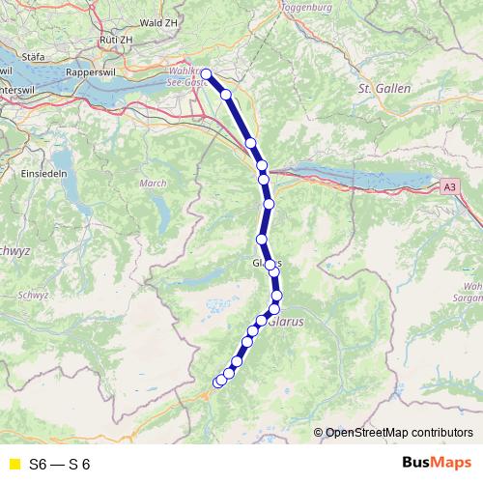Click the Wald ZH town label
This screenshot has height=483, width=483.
(x=159, y=21)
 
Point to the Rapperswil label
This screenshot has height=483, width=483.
(x=92, y=72)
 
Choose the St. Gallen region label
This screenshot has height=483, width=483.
(x=384, y=88)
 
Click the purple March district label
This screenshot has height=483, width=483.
(x=154, y=183)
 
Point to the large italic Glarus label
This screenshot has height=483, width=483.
(x=288, y=323)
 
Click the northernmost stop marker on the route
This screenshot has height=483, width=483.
(x=206, y=73)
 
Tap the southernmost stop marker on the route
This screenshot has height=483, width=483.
(x=218, y=383)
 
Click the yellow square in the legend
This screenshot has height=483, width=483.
(x=14, y=465)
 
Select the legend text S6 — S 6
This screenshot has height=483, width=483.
(x=60, y=465)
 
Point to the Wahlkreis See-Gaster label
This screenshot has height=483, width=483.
(x=183, y=78)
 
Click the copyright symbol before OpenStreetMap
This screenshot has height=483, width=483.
(x=320, y=433)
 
